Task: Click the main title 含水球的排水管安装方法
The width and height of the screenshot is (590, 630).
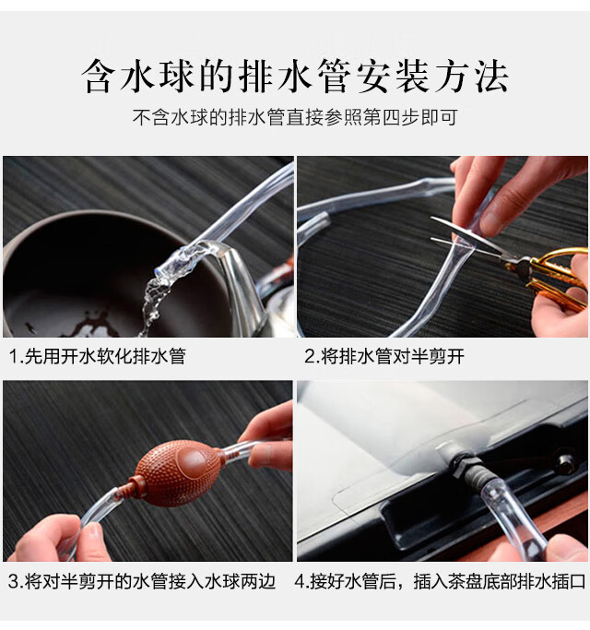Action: pyautogui.click(x=295, y=76)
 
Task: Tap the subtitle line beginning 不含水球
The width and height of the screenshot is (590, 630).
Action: pyautogui.click(x=295, y=118)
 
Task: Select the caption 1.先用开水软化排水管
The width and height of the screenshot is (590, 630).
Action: pyautogui.click(x=98, y=356)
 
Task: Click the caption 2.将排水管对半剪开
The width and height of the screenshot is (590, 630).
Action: pyautogui.click(x=384, y=356)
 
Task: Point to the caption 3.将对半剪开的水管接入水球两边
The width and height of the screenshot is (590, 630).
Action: pyautogui.click(x=142, y=581)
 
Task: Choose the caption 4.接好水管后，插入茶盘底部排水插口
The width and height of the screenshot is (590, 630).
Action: pyautogui.click(x=440, y=581)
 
